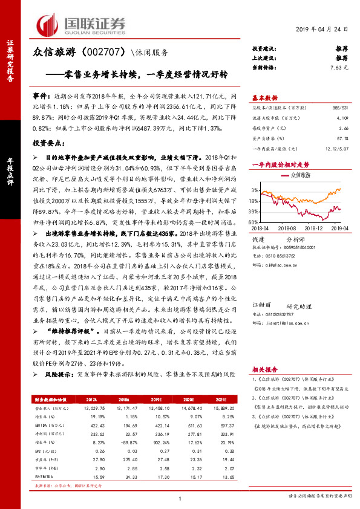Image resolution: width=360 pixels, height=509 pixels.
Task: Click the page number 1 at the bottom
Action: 180,498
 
